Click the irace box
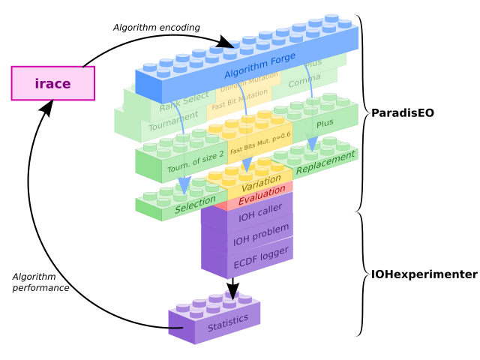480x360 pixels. tap(52, 83)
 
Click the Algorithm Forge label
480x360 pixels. tap(259, 66)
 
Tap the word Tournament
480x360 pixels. tap(173, 121)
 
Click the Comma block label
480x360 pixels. tap(304, 80)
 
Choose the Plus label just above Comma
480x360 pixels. tap(313, 63)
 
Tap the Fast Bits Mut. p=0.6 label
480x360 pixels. tap(259, 143)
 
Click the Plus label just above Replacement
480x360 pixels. tap(325, 124)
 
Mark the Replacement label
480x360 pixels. tap(325, 163)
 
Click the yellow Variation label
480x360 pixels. tap(261, 183)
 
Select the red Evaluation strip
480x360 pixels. tap(262, 196)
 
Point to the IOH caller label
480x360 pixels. tap(260, 212)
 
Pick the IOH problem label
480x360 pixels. tap(261, 235)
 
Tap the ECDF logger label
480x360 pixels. tap(261, 257)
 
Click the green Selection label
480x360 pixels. tap(195, 204)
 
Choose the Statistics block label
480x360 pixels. tap(228, 323)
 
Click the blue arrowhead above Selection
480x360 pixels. tap(184, 184)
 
